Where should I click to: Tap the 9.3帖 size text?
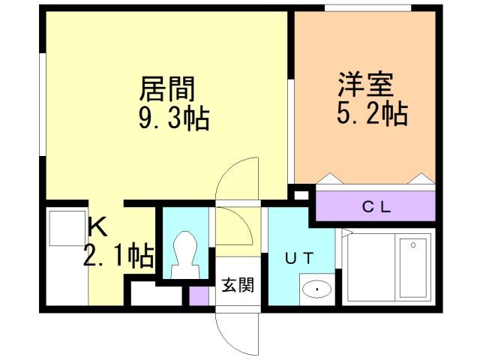click(x=174, y=118)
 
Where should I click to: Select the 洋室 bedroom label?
click(x=365, y=84)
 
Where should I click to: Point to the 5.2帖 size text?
click(x=372, y=113)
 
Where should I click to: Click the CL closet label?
click(x=376, y=208)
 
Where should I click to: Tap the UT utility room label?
click(x=299, y=258)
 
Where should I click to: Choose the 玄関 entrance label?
click(x=238, y=285)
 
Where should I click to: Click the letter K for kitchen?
click(x=97, y=226)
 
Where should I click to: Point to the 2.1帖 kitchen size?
click(x=118, y=256)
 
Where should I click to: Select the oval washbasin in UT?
click(x=316, y=289)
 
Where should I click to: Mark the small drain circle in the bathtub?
click(x=413, y=245)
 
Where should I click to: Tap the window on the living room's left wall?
click(x=43, y=104)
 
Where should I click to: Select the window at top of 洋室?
click(x=367, y=8)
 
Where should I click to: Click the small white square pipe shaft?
click(x=301, y=195)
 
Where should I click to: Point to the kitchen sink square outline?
click(x=67, y=228)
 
